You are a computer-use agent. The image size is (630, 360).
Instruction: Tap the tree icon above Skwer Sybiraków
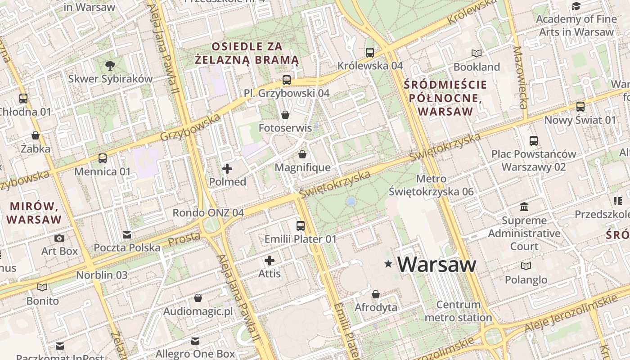(110, 66)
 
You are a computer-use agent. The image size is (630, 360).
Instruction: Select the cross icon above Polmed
(227, 169)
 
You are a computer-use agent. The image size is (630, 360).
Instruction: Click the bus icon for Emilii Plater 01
(300, 226)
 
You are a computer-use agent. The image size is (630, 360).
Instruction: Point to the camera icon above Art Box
(59, 238)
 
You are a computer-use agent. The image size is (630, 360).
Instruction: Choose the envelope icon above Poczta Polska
(127, 235)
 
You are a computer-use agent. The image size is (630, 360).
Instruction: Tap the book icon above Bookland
(477, 54)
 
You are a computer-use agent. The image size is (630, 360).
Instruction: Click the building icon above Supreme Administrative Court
(524, 207)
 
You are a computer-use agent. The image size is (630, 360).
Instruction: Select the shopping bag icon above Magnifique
(302, 155)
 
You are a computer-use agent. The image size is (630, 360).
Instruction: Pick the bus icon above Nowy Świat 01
(580, 107)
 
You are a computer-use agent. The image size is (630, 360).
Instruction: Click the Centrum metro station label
(459, 311)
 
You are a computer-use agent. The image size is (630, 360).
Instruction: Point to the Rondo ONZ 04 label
(208, 213)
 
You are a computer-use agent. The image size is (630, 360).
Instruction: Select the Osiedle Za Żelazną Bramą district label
(247, 53)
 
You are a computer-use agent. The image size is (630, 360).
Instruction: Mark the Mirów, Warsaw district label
(35, 213)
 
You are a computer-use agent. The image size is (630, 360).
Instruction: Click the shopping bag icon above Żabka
(36, 135)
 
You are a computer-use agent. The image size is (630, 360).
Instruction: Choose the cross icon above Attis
(270, 261)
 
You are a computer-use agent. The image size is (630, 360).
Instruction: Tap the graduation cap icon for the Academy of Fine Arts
(576, 6)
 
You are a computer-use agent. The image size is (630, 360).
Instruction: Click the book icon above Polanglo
(526, 266)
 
